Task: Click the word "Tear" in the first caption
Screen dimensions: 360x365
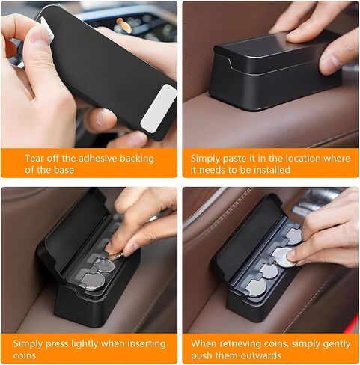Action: [34, 158]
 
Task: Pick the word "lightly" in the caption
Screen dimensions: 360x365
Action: [85, 344]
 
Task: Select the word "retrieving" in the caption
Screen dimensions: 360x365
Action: [232, 344]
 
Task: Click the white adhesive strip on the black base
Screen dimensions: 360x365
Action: [159, 107]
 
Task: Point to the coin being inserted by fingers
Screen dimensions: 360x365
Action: [115, 255]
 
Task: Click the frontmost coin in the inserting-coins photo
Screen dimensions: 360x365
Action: [92, 281]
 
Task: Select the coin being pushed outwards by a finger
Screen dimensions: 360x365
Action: [283, 257]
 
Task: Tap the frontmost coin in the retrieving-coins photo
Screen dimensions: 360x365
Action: [255, 288]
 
